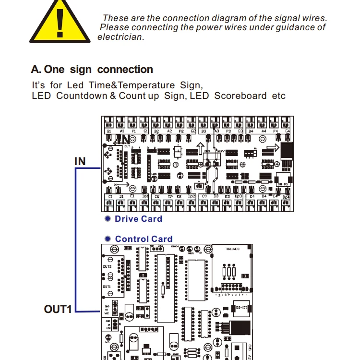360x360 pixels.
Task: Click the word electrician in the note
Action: (x=120, y=37)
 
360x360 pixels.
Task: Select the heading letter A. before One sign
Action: (x=36, y=70)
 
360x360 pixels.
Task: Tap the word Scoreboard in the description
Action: (x=240, y=96)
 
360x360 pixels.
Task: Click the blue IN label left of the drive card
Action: (x=80, y=161)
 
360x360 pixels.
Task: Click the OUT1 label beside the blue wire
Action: (x=58, y=309)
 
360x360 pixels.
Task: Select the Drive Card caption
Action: (x=138, y=219)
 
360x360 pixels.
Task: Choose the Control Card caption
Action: (x=144, y=239)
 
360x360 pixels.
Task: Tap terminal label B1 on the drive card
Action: (x=109, y=131)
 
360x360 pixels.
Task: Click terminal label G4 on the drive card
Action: (x=287, y=131)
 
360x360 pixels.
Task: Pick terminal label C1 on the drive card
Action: (x=110, y=197)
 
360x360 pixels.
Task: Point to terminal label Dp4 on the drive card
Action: (x=286, y=197)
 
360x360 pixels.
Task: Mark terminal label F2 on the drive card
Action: (x=181, y=131)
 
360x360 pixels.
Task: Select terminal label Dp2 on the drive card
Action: (x=192, y=197)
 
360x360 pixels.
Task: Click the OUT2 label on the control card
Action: (x=107, y=266)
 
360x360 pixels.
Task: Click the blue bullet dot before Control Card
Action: (x=108, y=239)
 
